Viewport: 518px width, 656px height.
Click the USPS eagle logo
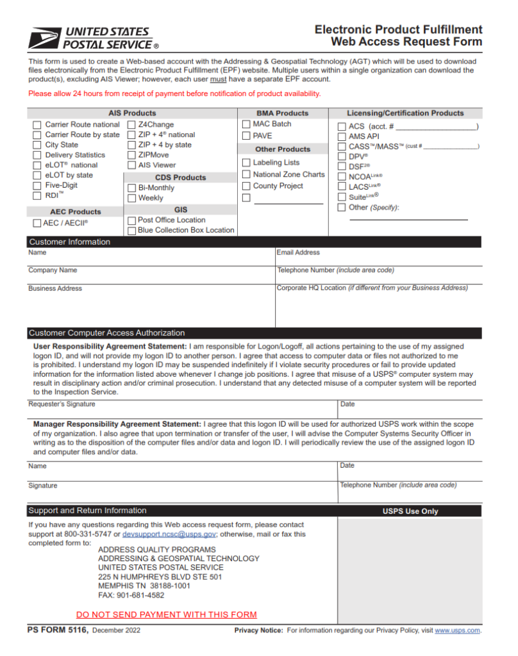click(44, 38)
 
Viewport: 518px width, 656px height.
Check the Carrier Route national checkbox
click(37, 125)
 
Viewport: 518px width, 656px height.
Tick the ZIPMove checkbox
click(131, 155)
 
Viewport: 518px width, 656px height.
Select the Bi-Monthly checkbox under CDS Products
click(131, 188)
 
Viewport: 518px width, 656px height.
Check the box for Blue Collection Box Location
click(131, 231)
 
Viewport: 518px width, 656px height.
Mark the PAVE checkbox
click(246, 136)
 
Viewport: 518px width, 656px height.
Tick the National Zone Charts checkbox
click(246, 174)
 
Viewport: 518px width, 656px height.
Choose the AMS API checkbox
click(342, 137)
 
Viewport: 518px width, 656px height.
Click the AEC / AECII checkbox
click(37, 224)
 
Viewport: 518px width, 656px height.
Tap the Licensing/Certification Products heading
click(405, 113)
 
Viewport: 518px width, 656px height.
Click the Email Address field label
click(298, 253)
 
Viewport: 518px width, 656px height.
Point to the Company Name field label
click(53, 270)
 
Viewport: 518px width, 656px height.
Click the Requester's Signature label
click(62, 404)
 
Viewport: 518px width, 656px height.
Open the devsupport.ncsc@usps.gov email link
click(169, 534)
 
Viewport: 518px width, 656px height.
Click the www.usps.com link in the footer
click(457, 631)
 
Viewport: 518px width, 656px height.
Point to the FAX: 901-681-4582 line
click(131, 594)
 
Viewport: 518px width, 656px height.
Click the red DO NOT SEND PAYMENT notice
click(166, 615)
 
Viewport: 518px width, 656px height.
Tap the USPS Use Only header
click(410, 511)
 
